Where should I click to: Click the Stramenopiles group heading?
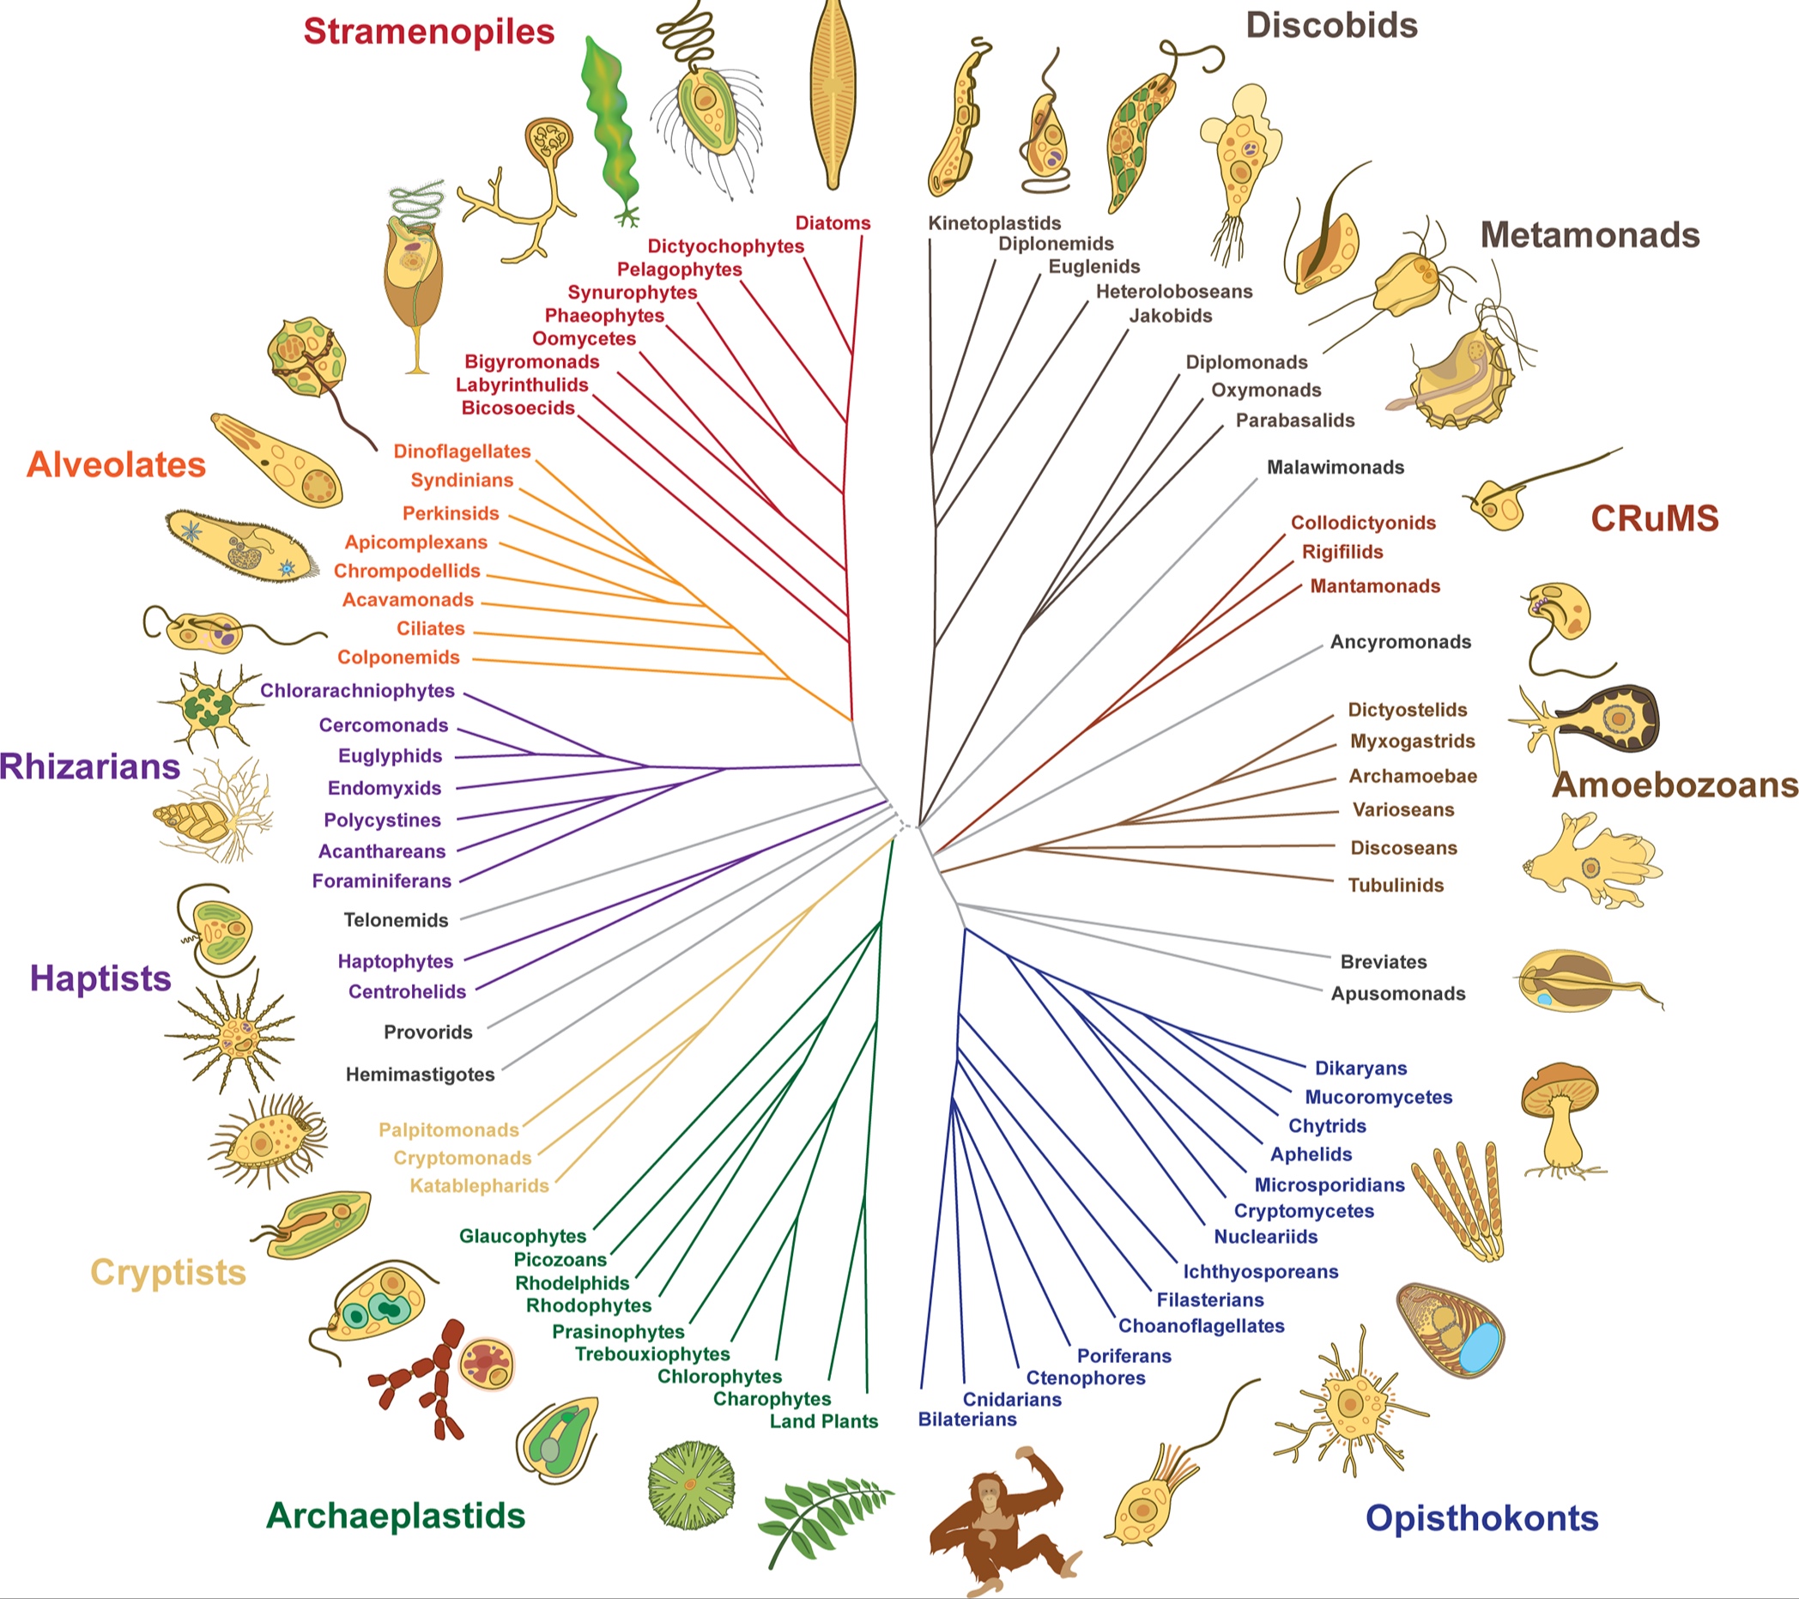pos(428,32)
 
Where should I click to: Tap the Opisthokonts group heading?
pos(1482,1518)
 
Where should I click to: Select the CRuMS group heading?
pos(1655,518)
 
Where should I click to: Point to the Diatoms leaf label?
pos(833,222)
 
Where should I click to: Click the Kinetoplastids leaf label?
pos(995,223)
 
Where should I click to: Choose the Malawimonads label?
pos(1336,467)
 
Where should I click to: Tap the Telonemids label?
pos(396,920)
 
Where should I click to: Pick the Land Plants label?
pos(824,1421)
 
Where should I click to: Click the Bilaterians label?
pos(967,1420)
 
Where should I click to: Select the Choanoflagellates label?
pos(1202,1326)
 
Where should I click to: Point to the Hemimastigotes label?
pos(420,1075)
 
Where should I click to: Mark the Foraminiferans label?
pos(382,881)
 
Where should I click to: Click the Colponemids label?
pos(399,657)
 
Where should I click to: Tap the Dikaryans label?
pos(1360,1069)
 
